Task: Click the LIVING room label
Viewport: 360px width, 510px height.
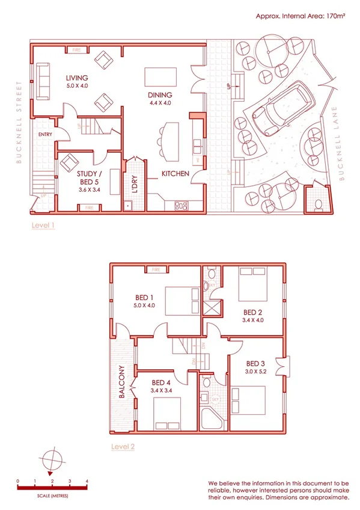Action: (77, 78)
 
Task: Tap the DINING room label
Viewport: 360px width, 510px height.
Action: (160, 95)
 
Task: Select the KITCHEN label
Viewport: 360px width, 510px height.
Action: (175, 174)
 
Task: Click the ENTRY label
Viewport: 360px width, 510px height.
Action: (45, 134)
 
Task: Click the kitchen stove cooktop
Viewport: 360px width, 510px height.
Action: (181, 206)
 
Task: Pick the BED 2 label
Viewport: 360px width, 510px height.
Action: (252, 312)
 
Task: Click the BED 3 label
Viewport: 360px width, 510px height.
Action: (255, 363)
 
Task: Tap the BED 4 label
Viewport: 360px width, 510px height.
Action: (162, 382)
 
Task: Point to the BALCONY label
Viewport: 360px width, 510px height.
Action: (121, 382)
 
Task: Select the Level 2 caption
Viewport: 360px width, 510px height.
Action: (123, 447)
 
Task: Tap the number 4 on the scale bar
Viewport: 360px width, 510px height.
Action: (87, 482)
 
